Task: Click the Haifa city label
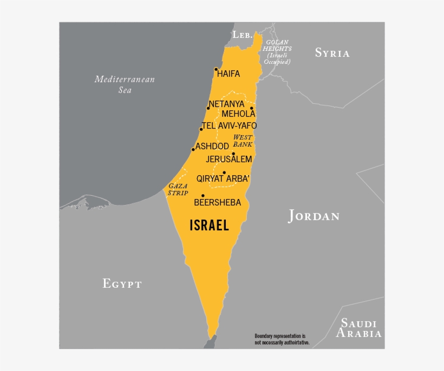[228, 74]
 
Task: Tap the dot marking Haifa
[216, 69]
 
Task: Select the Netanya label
[226, 104]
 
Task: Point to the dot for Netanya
[208, 108]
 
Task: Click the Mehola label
[238, 114]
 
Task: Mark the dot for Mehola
[252, 108]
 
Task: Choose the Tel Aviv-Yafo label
[230, 125]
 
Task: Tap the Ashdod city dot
[193, 150]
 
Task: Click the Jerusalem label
[229, 160]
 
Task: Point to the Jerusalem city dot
[233, 154]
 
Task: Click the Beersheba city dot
[203, 196]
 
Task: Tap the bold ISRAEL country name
[210, 225]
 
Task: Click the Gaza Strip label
[178, 189]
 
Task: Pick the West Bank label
[243, 141]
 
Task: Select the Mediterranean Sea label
[125, 84]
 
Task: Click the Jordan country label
[314, 216]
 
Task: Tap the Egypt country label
[122, 283]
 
